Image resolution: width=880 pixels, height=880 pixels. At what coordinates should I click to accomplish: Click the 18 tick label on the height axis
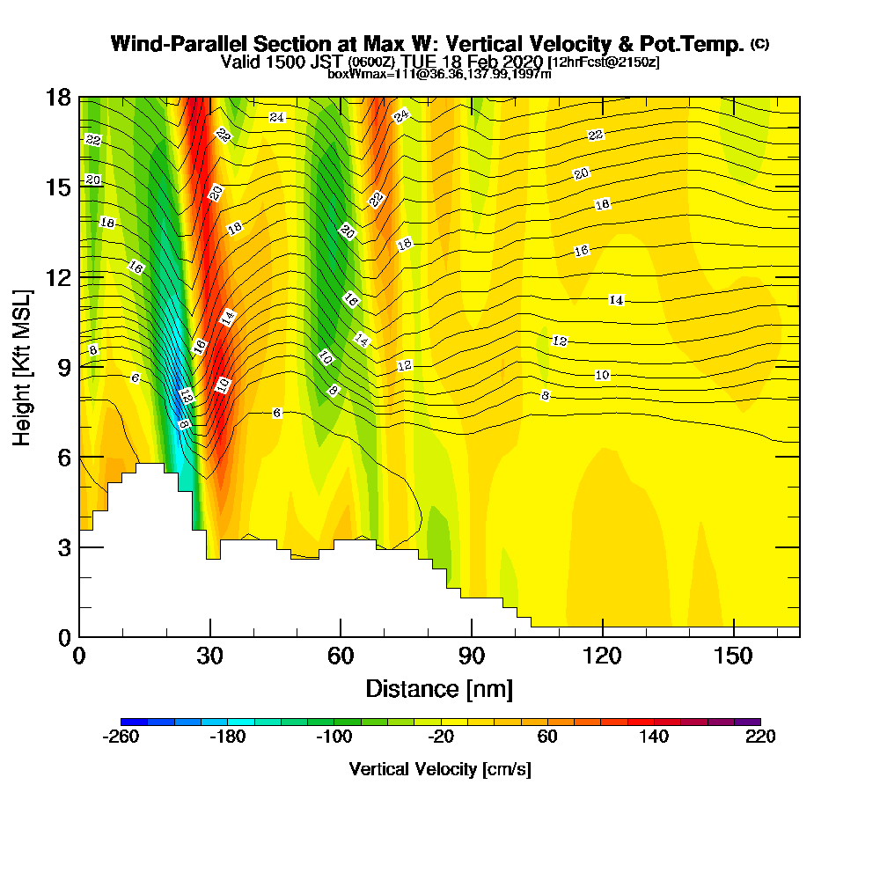pos(58,97)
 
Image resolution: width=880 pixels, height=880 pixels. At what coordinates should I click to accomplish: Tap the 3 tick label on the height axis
pos(63,546)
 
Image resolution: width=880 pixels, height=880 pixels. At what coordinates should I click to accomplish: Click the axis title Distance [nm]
pos(439,688)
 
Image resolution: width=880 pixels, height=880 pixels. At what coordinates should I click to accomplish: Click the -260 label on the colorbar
pos(121,737)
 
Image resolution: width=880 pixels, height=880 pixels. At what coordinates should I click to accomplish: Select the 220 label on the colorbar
pos(760,737)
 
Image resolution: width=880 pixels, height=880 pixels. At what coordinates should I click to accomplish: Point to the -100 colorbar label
pos(334,737)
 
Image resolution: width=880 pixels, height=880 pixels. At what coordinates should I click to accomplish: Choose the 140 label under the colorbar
pos(654,737)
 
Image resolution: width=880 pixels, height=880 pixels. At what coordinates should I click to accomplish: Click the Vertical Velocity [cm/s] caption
pos(440,769)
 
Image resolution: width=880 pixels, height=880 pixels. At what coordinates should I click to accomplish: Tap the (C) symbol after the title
pos(760,44)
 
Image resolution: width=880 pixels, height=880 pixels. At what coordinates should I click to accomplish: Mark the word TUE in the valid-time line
pos(420,61)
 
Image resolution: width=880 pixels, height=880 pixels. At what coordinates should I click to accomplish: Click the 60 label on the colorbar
pos(547,737)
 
